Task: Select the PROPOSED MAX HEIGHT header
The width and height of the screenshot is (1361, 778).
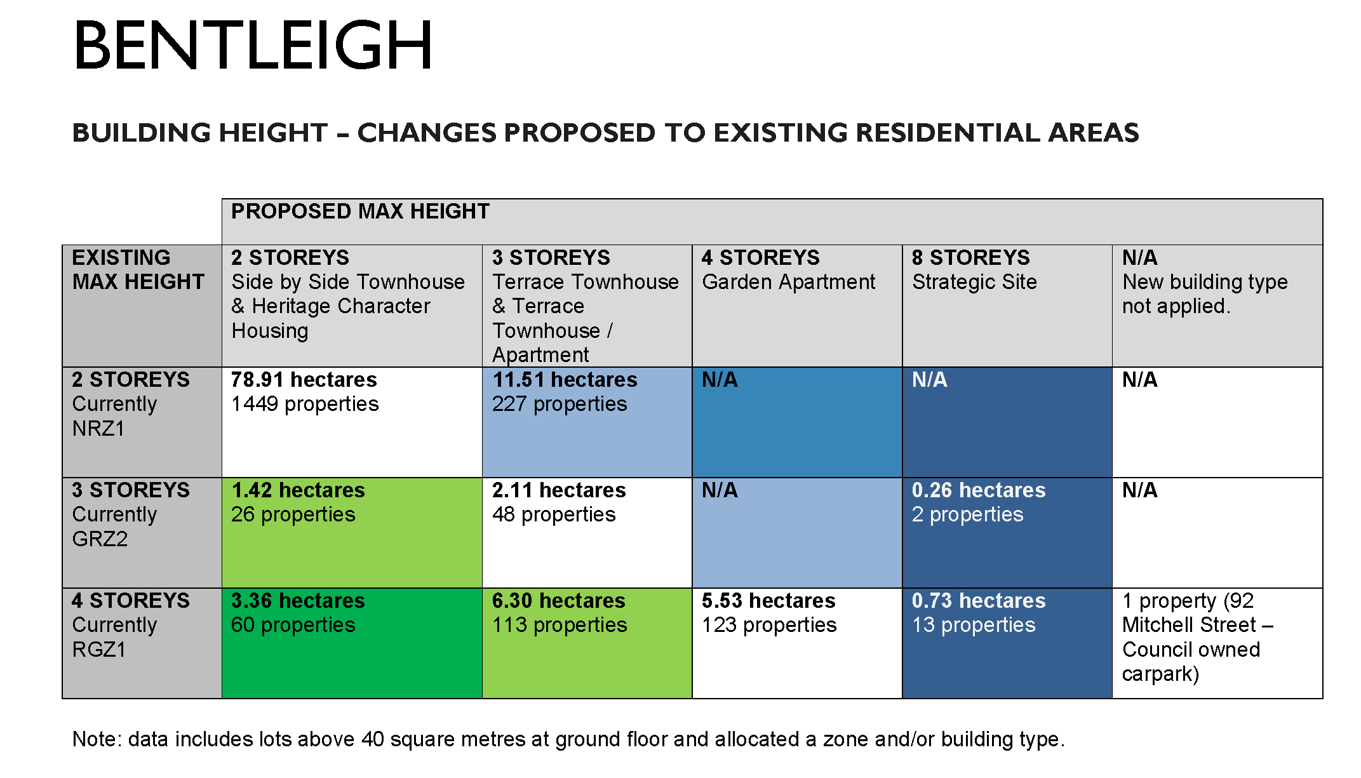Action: (x=360, y=211)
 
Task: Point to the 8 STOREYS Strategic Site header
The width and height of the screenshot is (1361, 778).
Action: (x=974, y=269)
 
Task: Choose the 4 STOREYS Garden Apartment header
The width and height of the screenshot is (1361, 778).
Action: (x=788, y=269)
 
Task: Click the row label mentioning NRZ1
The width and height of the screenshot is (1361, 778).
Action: (x=131, y=404)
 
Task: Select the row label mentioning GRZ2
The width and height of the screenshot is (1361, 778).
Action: (x=131, y=514)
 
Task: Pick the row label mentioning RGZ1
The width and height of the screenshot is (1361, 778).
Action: (x=131, y=625)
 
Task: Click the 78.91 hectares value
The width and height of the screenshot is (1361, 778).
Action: (x=304, y=380)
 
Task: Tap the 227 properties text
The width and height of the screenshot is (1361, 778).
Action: (x=560, y=404)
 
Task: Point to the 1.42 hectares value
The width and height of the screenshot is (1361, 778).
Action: (x=298, y=490)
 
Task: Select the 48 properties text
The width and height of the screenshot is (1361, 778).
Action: (x=554, y=514)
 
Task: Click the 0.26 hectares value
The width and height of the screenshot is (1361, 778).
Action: (x=979, y=490)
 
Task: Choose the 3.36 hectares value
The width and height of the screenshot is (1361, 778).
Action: (x=298, y=601)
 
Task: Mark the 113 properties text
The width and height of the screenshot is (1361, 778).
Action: (x=560, y=625)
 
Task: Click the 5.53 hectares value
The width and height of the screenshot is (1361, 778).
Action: (x=768, y=601)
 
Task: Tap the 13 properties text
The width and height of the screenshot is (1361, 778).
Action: (x=974, y=625)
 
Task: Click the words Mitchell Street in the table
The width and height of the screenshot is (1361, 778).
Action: (x=1189, y=625)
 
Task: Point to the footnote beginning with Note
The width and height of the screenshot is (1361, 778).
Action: (x=568, y=739)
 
